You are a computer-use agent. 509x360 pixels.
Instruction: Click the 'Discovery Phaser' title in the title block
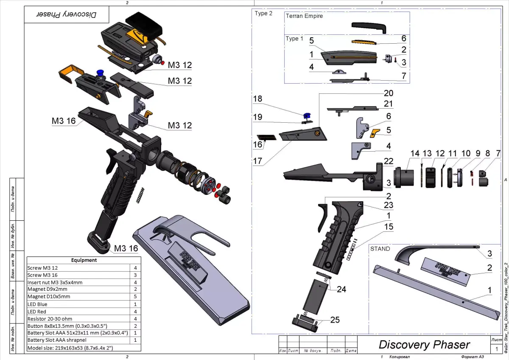point(424,345)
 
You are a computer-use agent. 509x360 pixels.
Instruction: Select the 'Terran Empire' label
point(304,16)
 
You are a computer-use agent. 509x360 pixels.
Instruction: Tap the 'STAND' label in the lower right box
point(380,249)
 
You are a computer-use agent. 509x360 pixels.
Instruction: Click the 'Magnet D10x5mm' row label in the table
point(49,296)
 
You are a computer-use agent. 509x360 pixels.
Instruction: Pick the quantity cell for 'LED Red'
point(135,312)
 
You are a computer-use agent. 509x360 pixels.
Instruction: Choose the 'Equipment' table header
point(84,260)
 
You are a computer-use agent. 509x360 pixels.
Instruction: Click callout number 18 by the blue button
point(257,99)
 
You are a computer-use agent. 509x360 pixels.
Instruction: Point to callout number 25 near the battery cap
point(335,320)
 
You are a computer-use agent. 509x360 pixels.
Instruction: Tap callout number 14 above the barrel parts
point(414,153)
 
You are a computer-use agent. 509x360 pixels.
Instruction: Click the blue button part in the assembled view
point(101,73)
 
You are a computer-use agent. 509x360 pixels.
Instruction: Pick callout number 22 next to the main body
point(388,161)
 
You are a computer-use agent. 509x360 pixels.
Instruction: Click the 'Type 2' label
point(261,13)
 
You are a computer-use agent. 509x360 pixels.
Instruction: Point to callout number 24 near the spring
point(341,289)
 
